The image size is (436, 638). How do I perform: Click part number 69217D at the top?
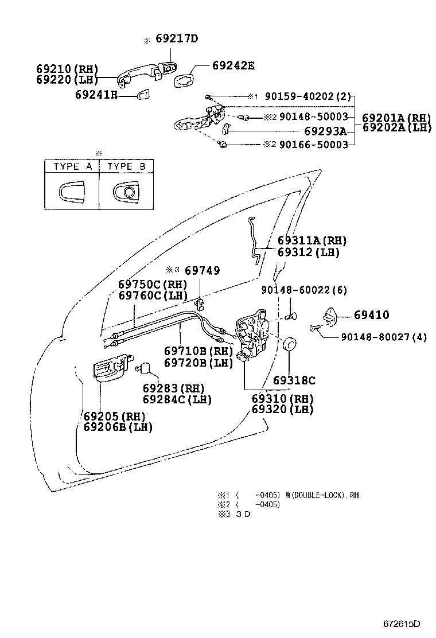pos(177,39)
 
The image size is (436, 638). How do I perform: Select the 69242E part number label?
pos(233,65)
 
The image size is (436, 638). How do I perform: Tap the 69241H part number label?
pos(96,95)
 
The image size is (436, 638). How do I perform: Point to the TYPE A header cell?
pos(73,167)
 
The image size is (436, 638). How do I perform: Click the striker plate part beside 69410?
pos(331,315)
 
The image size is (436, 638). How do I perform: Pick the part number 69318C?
pos(294,380)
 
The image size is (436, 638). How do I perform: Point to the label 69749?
pos(203,270)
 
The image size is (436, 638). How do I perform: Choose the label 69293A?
pos(325,131)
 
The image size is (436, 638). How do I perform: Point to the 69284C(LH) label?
pos(177,399)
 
